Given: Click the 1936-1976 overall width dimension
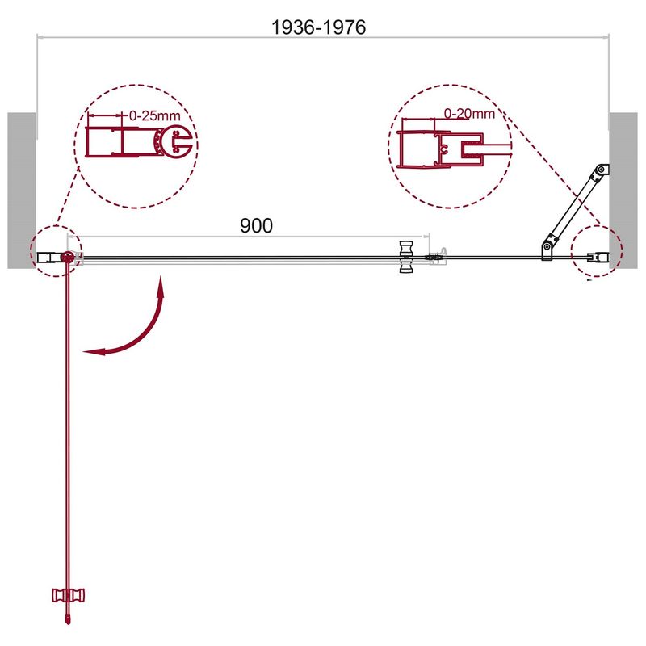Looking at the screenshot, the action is tap(318, 27).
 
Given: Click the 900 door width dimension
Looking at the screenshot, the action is tap(256, 226).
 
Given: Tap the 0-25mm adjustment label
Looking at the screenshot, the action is tap(154, 115).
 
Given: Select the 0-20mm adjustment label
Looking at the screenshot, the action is tap(469, 113).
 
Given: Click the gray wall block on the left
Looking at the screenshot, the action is tap(22, 191).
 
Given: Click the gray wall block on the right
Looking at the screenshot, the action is tap(623, 191).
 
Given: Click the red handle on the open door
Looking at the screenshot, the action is tap(68, 595).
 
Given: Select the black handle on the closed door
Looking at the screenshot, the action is tap(407, 257).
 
